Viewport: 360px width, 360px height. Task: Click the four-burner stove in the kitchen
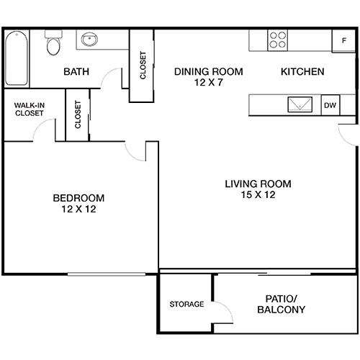coord(277,40)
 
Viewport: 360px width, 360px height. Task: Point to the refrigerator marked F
coord(343,40)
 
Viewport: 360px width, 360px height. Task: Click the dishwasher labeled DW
coord(330,105)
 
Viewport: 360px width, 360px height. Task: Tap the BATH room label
coord(76,72)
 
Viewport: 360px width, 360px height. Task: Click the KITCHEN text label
coord(302,72)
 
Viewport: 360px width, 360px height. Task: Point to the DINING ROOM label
coord(209,72)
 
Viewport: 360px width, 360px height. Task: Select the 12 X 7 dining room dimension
coord(209,84)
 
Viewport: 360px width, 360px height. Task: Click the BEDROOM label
coord(78,198)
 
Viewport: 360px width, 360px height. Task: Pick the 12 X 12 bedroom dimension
coord(78,210)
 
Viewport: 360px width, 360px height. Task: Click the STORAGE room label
coord(186,304)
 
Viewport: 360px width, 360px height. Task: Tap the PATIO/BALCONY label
coord(281,304)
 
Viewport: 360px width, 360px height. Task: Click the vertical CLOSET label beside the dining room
coord(143,66)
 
